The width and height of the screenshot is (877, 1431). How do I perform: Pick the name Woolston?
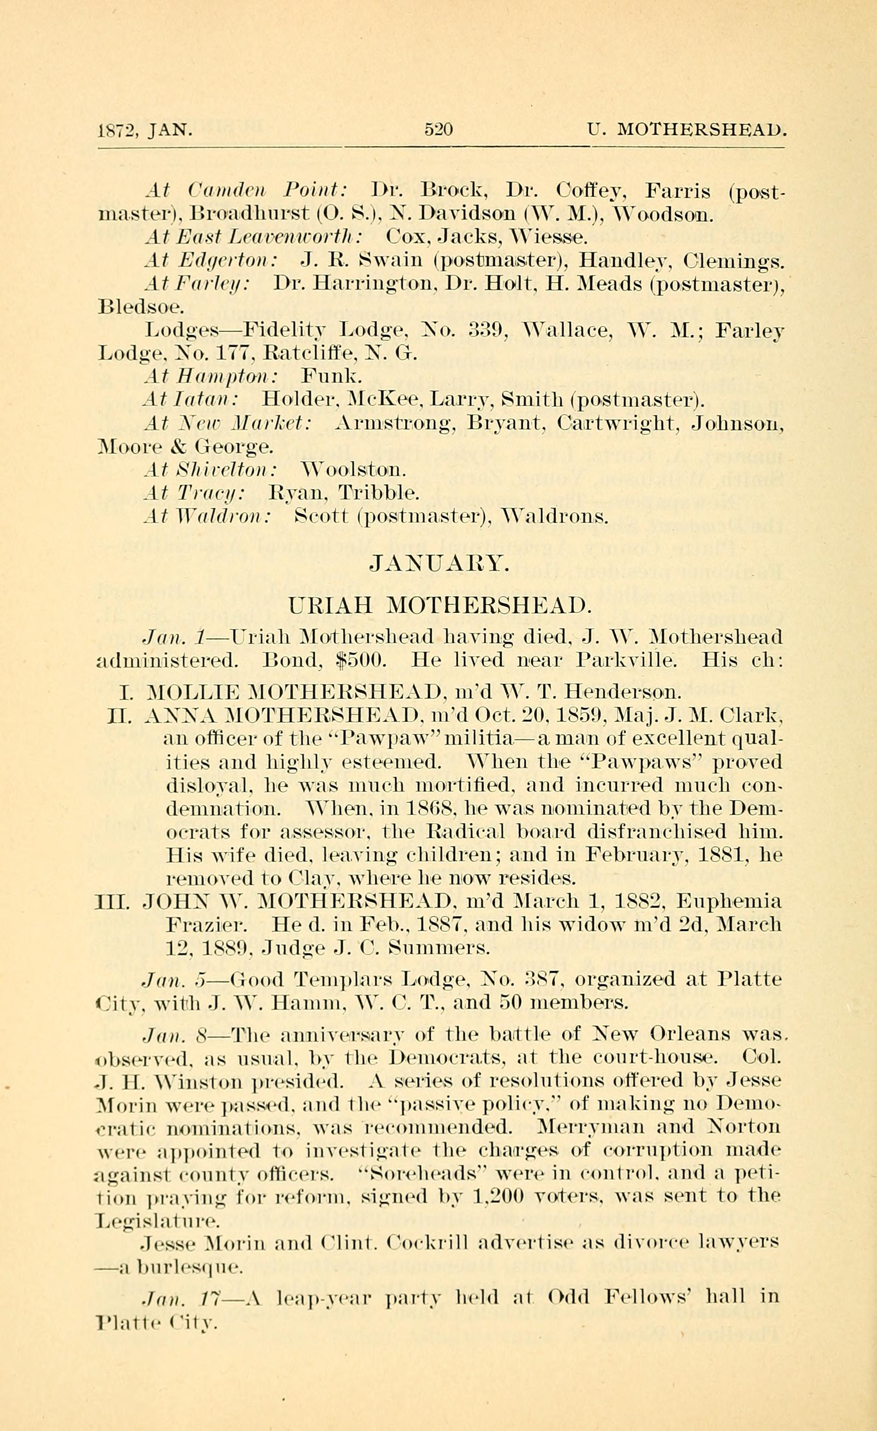point(354,469)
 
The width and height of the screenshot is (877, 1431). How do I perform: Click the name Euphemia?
point(729,902)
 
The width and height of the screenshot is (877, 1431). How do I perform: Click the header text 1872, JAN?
point(145,129)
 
